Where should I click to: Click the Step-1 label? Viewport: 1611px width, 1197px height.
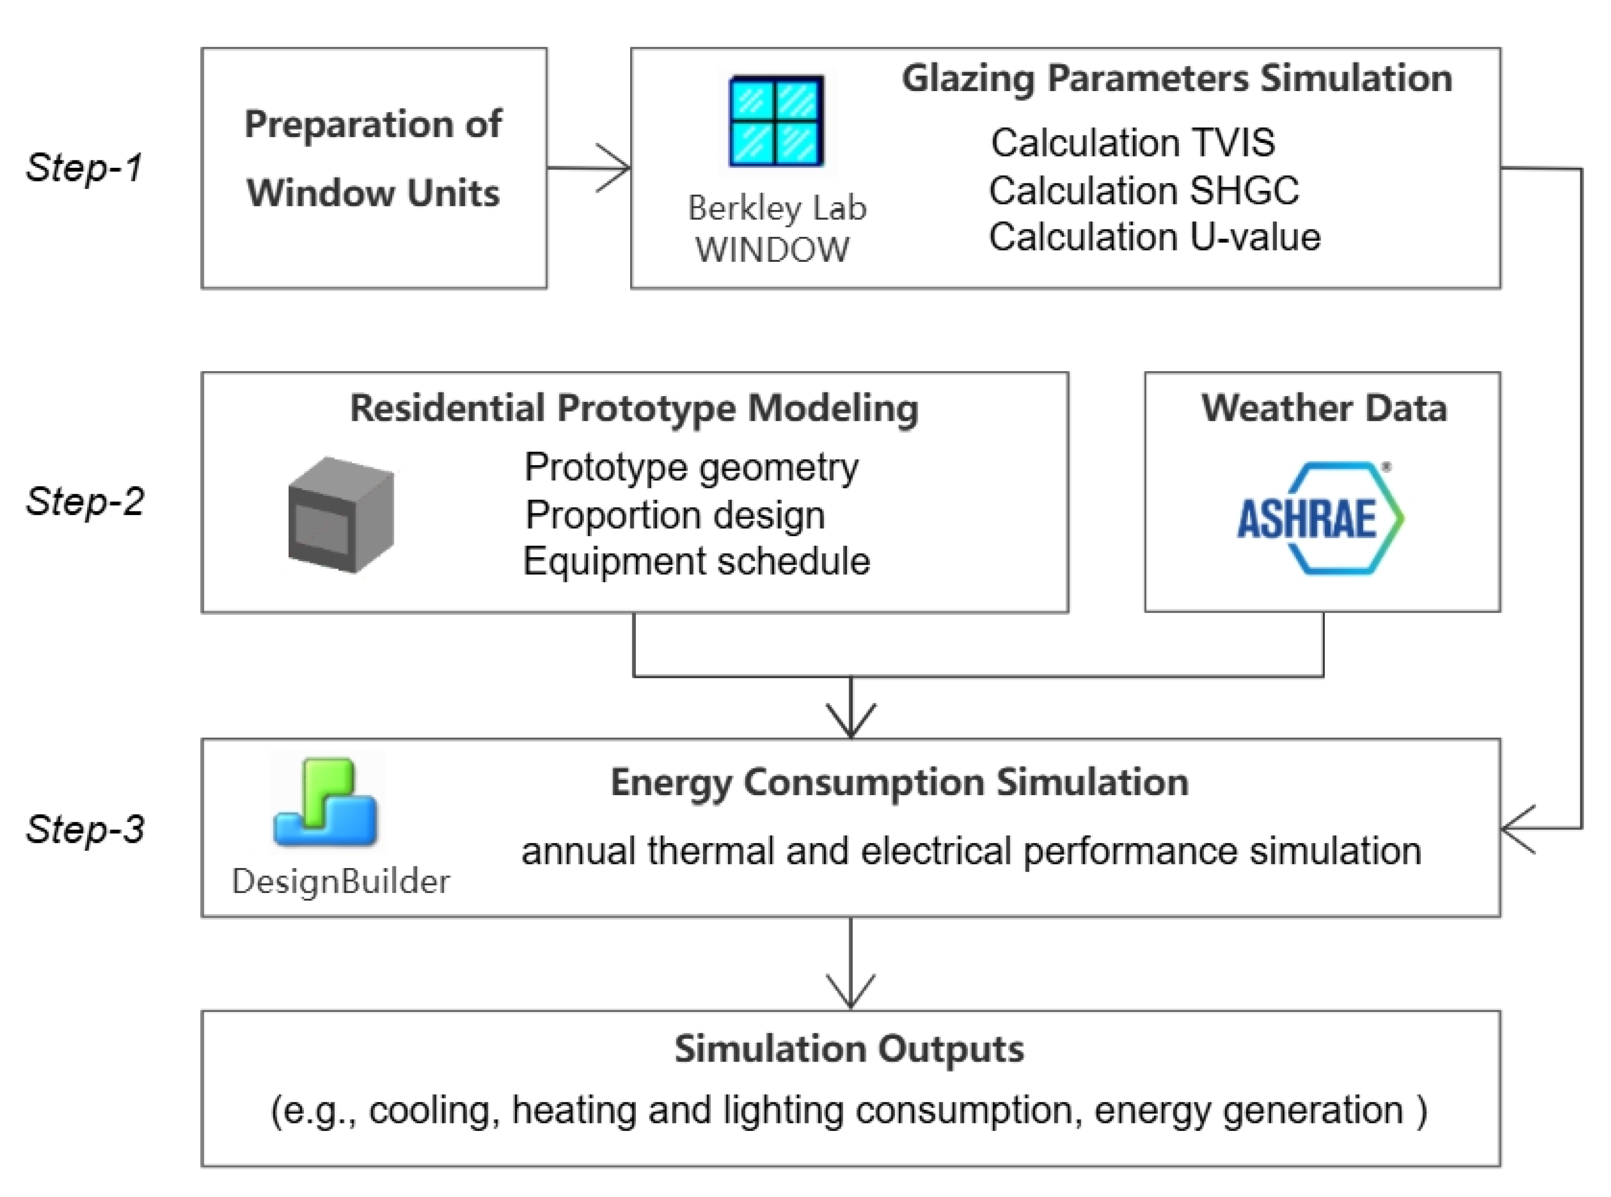(x=84, y=168)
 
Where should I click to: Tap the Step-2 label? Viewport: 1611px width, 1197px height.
(x=85, y=501)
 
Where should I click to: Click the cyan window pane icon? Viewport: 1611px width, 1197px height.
(x=776, y=121)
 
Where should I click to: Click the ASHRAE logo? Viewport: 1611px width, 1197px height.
(x=1320, y=518)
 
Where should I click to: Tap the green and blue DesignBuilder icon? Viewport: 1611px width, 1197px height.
(x=326, y=802)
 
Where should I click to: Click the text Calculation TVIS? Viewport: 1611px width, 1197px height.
(x=1133, y=142)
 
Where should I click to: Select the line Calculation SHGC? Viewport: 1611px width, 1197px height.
(x=1144, y=191)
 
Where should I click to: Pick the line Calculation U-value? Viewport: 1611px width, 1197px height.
(x=1154, y=237)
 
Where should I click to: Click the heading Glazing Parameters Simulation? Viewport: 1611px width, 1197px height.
(x=1177, y=78)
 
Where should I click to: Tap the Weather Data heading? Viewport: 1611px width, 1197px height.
(x=1324, y=408)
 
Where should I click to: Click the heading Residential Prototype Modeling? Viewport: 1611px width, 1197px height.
(x=634, y=409)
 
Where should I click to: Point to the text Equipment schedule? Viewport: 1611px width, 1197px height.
(x=696, y=561)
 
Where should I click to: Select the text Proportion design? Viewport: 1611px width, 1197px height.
(x=675, y=515)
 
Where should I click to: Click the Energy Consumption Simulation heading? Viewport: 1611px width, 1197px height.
(x=899, y=783)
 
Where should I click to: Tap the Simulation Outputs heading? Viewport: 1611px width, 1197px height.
(x=849, y=1049)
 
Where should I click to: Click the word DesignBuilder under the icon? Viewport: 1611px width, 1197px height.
(x=340, y=882)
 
